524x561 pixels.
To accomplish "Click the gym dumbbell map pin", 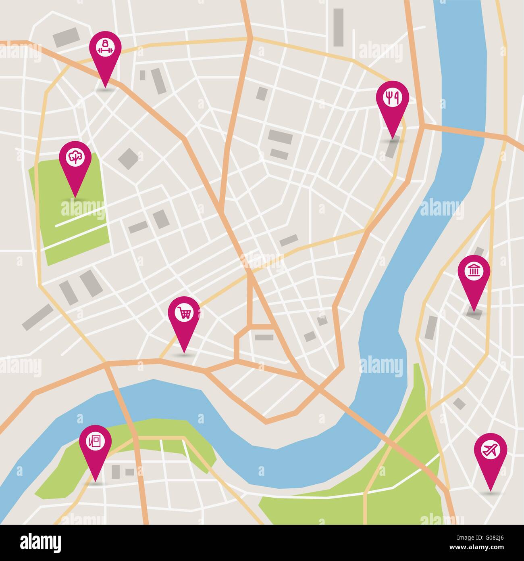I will tap(105, 52).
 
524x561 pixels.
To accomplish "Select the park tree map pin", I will tap(75, 161).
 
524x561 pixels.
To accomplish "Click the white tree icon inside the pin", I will tap(75, 157).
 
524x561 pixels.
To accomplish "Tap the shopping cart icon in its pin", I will tap(184, 313).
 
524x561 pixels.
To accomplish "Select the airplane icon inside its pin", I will tap(490, 450).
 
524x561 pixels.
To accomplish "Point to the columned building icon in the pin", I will tap(474, 271).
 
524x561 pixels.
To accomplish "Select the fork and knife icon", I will tap(392, 97).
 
